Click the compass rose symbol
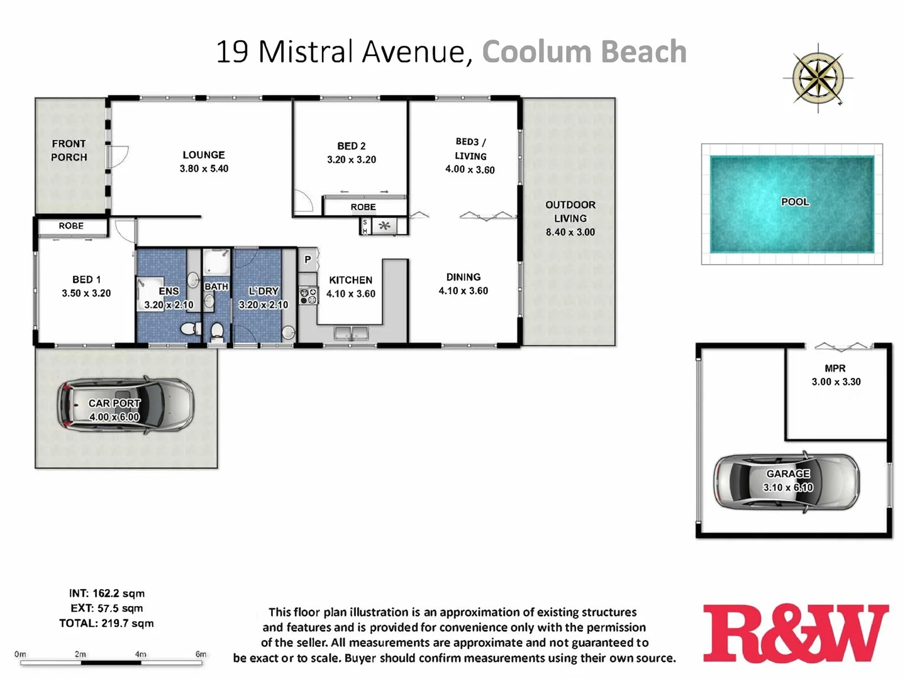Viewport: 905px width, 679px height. [818, 79]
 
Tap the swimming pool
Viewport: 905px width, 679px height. [792, 204]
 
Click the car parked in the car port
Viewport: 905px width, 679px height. [125, 404]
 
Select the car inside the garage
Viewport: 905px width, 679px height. [787, 482]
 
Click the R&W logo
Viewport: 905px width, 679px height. [796, 633]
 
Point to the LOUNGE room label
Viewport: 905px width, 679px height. [204, 155]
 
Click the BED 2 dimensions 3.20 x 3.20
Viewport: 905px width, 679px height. [352, 160]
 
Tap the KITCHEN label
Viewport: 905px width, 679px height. [351, 280]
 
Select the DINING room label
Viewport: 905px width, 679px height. [464, 277]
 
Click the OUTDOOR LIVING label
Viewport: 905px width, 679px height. [570, 211]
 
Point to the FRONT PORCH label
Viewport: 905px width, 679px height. [69, 150]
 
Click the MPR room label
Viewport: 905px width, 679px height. [835, 368]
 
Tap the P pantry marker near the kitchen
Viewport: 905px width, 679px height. [308, 259]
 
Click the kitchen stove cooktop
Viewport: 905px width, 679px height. [308, 295]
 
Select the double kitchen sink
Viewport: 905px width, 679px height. [351, 333]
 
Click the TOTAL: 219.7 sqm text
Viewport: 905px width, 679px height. [106, 623]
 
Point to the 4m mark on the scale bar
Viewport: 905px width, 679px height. [141, 655]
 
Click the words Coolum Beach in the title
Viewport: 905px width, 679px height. [584, 52]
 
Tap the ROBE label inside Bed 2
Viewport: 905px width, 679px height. [364, 207]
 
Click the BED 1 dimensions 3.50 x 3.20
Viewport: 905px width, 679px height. [86, 293]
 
